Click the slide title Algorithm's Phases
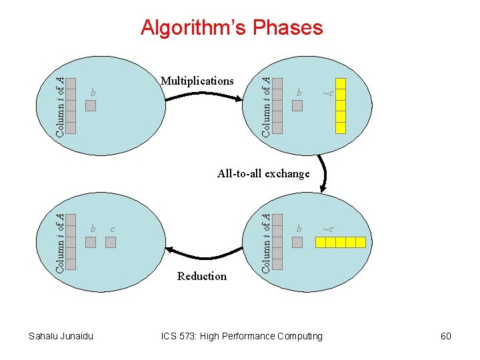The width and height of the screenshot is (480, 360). click(231, 27)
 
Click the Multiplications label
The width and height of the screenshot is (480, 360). click(197, 81)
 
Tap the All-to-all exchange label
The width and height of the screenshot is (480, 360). click(263, 173)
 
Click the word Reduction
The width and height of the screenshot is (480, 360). click(202, 276)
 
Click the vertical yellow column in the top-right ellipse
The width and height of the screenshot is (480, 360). click(340, 106)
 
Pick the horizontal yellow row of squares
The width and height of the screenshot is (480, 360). click(341, 242)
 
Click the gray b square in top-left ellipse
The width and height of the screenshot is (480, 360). click(91, 105)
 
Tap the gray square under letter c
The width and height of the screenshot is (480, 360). click(111, 242)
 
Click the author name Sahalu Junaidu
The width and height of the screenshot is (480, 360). click(61, 336)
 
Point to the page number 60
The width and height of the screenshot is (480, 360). click(445, 336)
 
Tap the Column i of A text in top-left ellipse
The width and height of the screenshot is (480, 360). click(60, 107)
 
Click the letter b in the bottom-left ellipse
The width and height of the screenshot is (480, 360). click(93, 229)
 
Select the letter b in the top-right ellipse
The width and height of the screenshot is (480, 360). click(299, 92)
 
